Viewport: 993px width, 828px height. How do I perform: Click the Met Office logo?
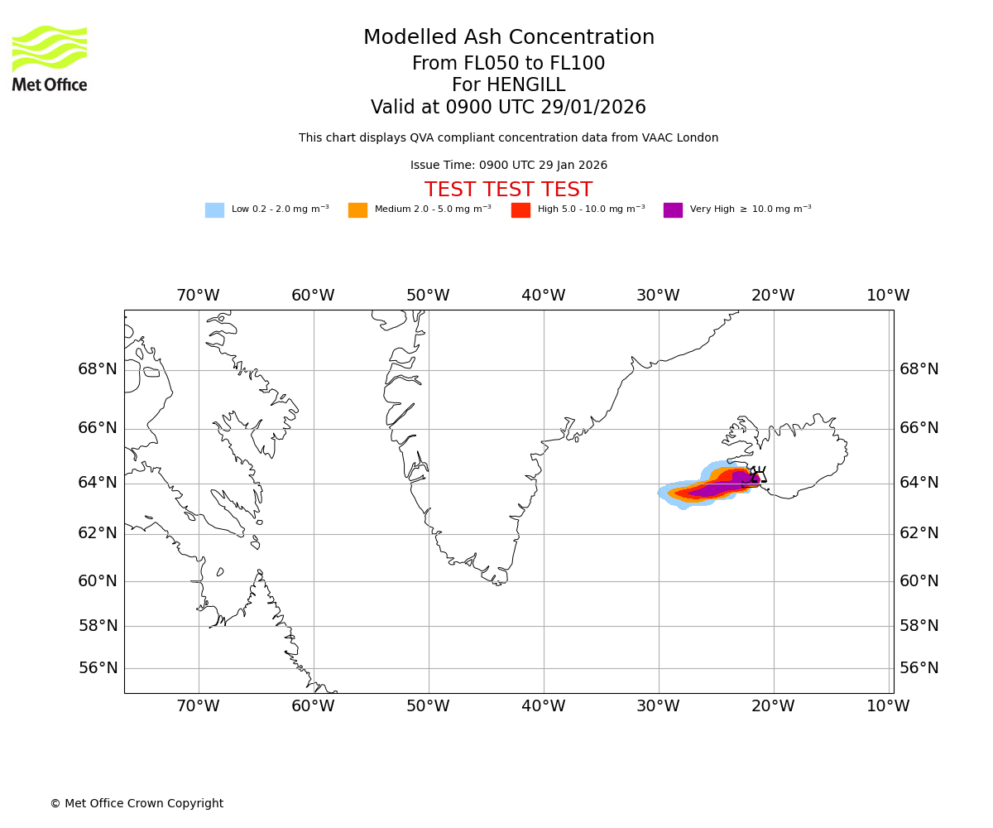click(50, 58)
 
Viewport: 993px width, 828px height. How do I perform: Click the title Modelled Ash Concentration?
click(508, 38)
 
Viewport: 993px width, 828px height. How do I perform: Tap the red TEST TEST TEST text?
click(508, 190)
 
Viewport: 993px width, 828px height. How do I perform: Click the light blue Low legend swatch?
click(214, 210)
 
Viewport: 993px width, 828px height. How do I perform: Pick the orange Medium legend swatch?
click(357, 210)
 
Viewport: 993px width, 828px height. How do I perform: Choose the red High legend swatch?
click(520, 210)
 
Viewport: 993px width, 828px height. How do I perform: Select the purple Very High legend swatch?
click(673, 210)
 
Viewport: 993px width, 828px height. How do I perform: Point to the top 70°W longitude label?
click(198, 296)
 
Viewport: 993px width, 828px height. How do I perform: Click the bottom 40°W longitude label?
click(543, 706)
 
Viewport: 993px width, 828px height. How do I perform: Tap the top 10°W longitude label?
click(888, 296)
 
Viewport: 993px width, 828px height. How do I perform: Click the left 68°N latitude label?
click(98, 369)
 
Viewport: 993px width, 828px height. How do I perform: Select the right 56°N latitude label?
click(919, 668)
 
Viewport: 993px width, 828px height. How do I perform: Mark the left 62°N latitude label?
click(98, 533)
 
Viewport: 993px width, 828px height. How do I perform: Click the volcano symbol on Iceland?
click(758, 475)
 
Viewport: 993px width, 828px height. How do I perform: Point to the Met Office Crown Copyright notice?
click(137, 803)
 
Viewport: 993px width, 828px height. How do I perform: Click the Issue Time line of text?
click(508, 166)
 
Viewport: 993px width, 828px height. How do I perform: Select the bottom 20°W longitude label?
click(773, 706)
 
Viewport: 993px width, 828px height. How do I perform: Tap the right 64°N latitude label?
click(919, 483)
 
